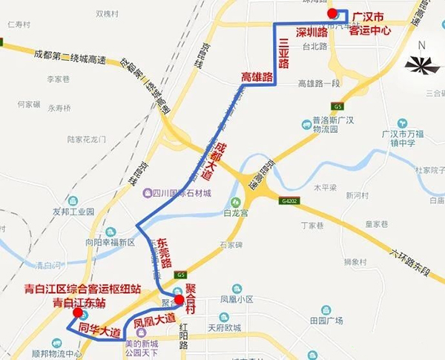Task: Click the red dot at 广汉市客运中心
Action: pyautogui.click(x=333, y=13)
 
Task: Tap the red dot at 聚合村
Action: pyautogui.click(x=179, y=300)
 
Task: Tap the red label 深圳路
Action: pyautogui.click(x=311, y=33)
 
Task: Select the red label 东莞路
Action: pyautogui.click(x=165, y=255)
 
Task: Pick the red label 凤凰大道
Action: pyautogui.click(x=156, y=321)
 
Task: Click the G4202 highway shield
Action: pyautogui.click(x=290, y=200)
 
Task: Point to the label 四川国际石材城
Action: pyautogui.click(x=182, y=193)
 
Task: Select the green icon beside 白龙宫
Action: pyautogui.click(x=235, y=202)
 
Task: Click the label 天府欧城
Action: pyautogui.click(x=224, y=327)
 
